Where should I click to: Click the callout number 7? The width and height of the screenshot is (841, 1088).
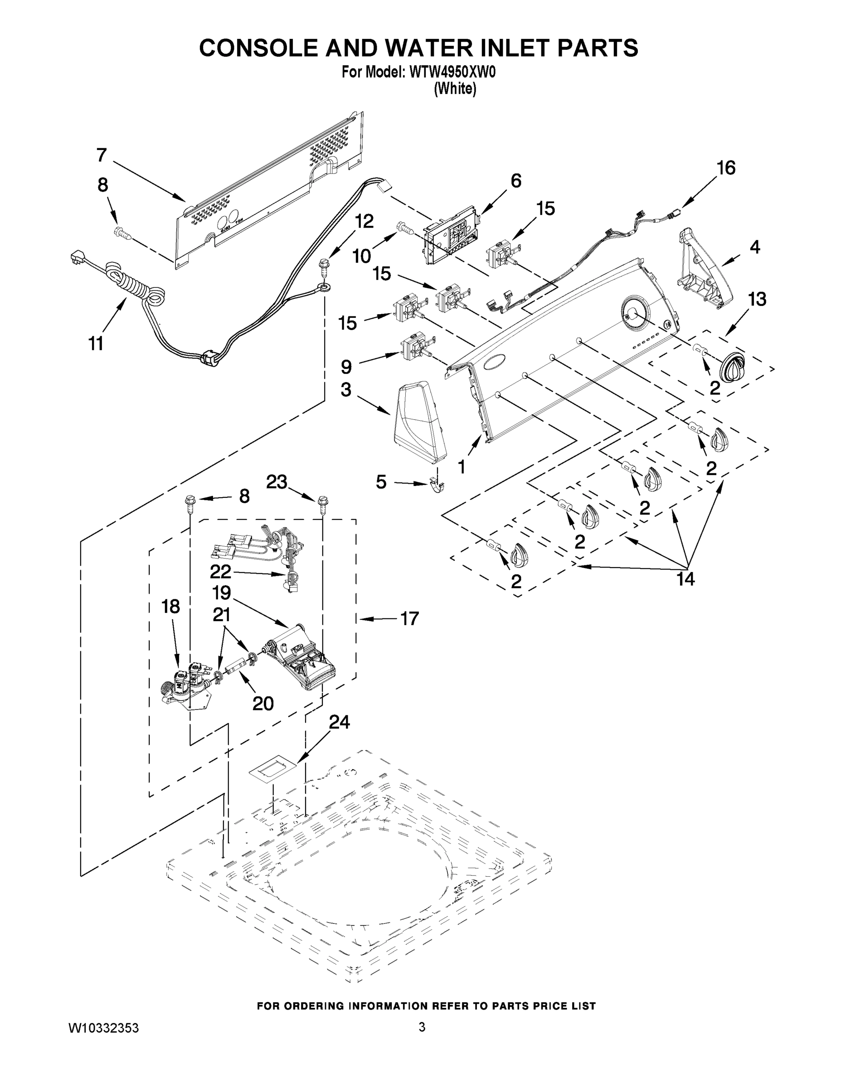tap(102, 155)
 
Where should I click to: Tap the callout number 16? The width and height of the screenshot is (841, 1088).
tap(726, 168)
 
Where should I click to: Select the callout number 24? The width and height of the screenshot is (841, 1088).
tap(339, 722)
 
